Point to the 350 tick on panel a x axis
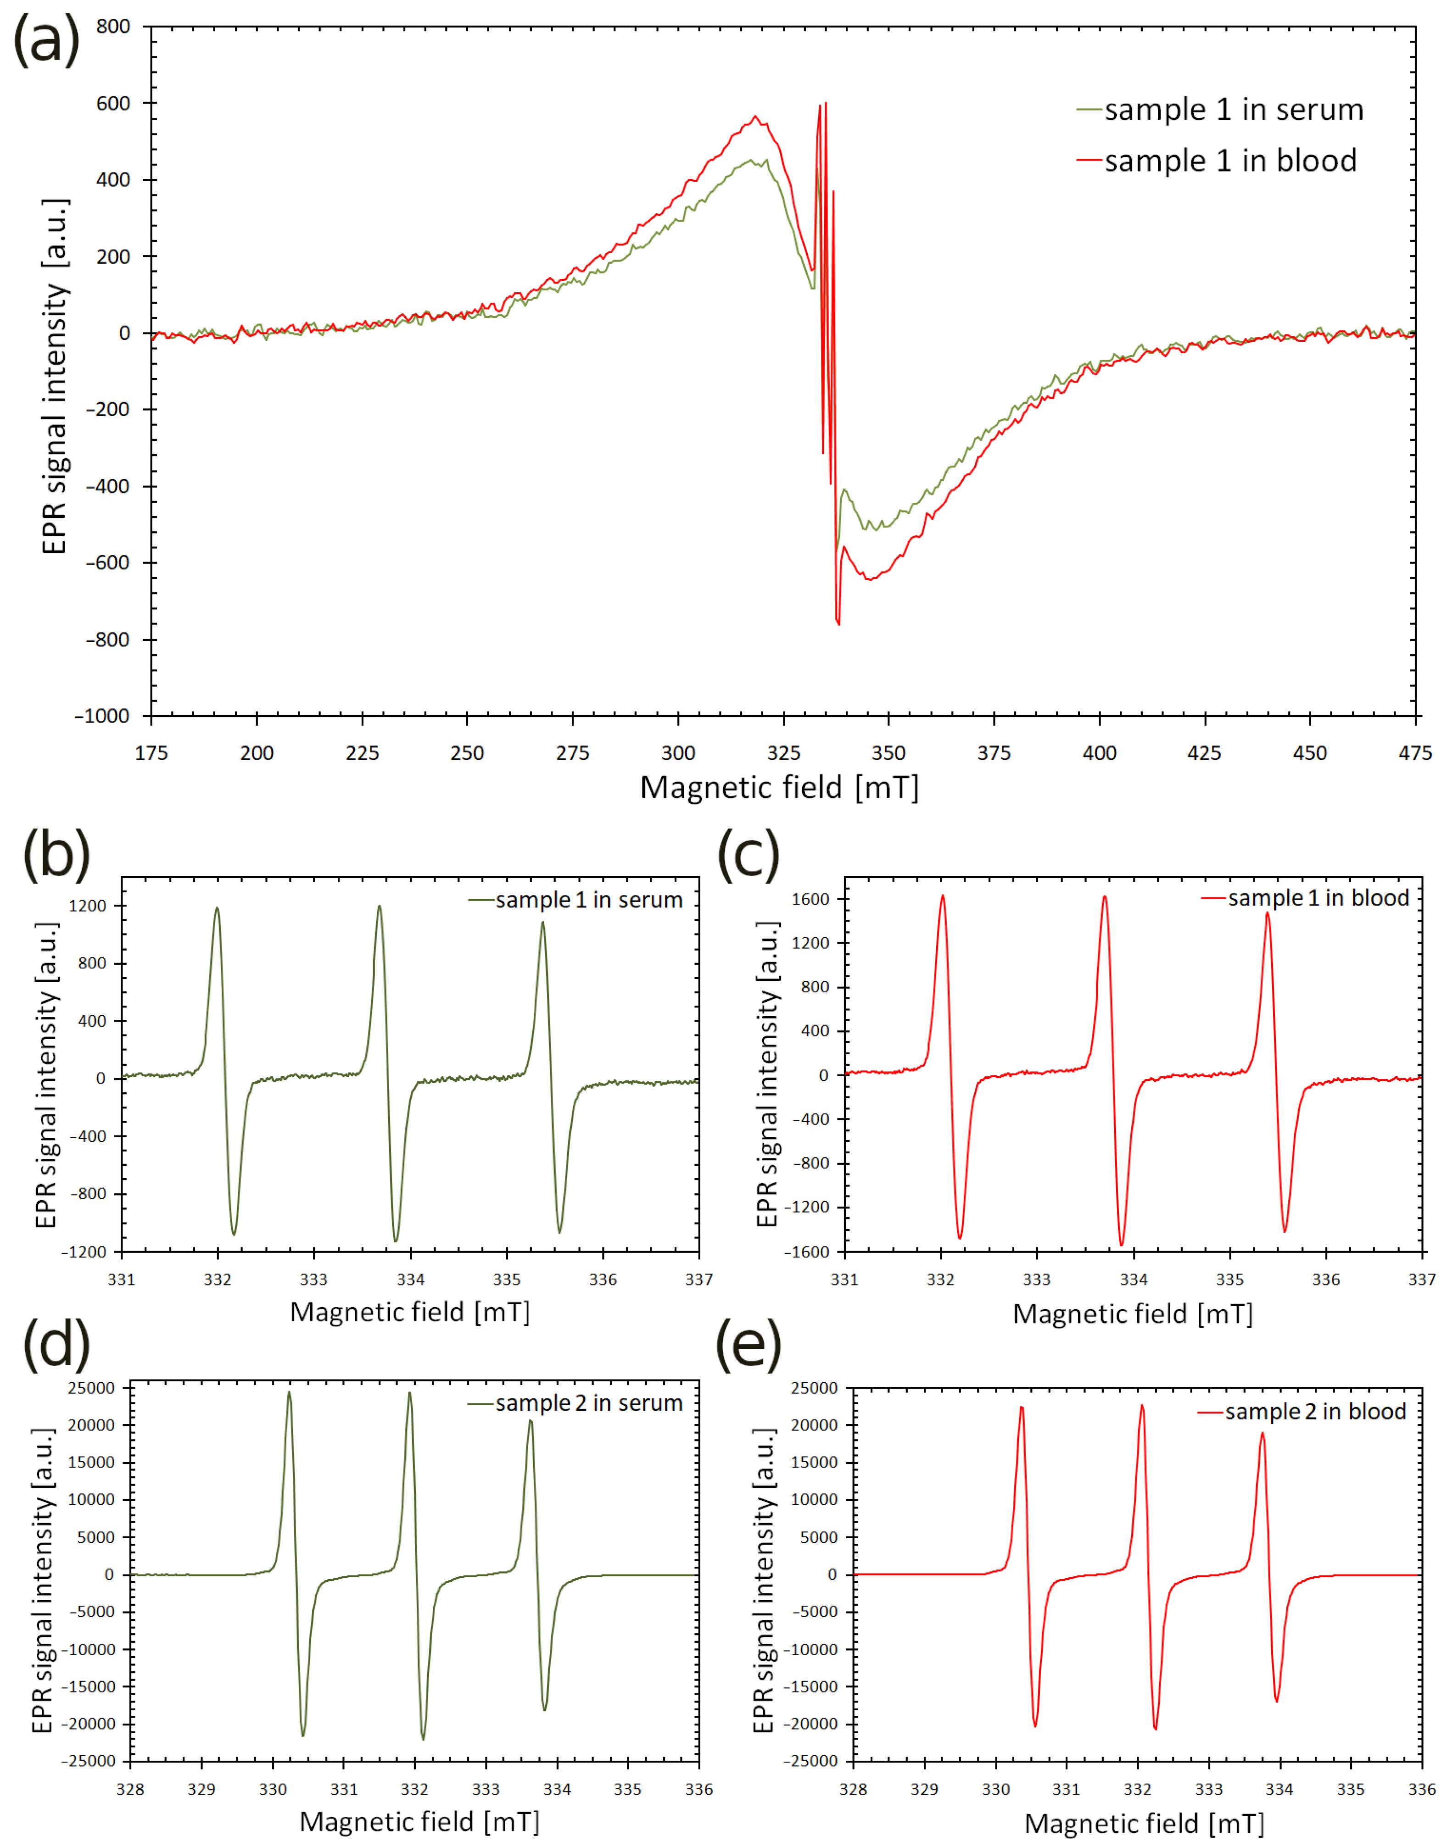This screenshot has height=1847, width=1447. coord(888,753)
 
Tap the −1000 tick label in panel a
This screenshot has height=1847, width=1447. coord(102,717)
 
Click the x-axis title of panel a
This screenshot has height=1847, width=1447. coord(778,788)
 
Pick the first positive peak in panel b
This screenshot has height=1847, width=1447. coord(217,909)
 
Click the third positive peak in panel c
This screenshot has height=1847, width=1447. coord(1268,913)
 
